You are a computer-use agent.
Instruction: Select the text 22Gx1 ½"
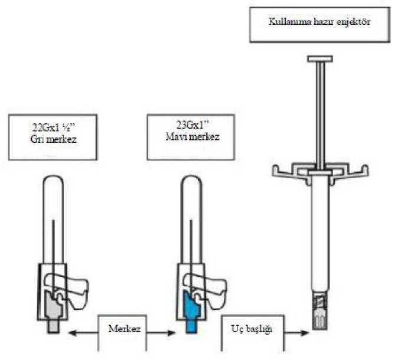coord(54,127)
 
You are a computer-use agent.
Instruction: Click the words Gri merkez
coord(53,139)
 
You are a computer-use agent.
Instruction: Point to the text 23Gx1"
coord(192,125)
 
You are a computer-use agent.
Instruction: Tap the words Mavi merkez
coord(192,136)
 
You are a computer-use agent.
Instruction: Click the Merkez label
coord(125,329)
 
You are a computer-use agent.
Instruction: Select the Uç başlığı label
coord(252,329)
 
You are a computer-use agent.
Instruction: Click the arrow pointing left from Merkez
coord(83,333)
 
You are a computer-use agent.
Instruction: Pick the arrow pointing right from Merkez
coord(161,333)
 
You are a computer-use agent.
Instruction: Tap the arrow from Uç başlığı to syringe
coord(296,333)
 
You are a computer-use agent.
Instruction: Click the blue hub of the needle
coord(192,313)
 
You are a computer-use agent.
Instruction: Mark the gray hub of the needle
coord(54,312)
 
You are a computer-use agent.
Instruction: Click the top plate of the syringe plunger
coord(320,59)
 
